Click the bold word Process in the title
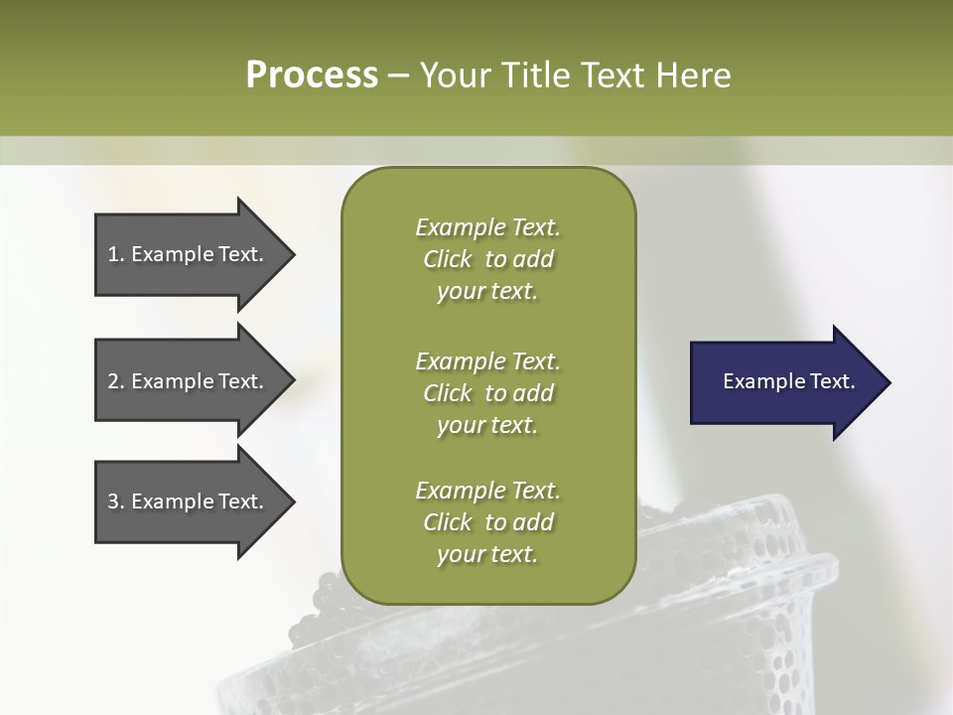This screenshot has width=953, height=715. [312, 75]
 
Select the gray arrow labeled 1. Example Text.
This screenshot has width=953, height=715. [189, 254]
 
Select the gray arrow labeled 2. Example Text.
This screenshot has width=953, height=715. [189, 381]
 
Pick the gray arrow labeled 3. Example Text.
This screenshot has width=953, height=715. [189, 501]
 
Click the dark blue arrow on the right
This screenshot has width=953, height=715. [784, 382]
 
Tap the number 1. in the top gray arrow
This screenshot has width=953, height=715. [116, 254]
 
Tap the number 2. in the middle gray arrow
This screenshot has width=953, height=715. [116, 381]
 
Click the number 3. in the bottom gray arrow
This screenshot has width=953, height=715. [116, 501]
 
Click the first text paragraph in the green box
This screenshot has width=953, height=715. [487, 259]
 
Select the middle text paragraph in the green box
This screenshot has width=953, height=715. [487, 392]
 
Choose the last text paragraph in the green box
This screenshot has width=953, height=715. [487, 522]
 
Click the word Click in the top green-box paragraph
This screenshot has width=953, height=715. [448, 259]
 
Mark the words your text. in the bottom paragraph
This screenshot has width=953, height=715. [487, 554]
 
